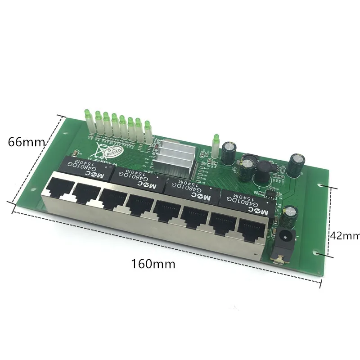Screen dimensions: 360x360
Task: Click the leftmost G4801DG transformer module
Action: click(85, 166)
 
